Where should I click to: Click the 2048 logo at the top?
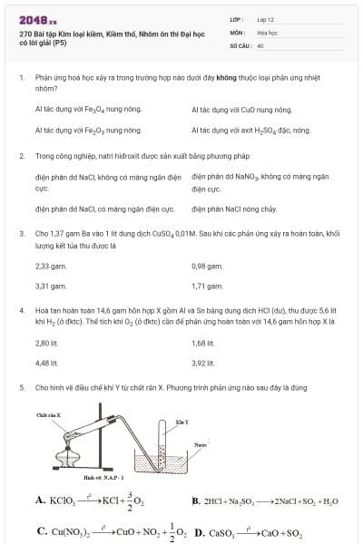[38, 19]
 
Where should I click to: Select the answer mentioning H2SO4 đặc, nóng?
[251, 131]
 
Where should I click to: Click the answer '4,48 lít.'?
[47, 364]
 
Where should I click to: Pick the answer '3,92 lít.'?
[204, 364]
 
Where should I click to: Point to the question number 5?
[21, 388]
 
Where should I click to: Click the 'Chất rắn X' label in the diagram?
[48, 414]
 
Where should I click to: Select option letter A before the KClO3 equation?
[40, 500]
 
